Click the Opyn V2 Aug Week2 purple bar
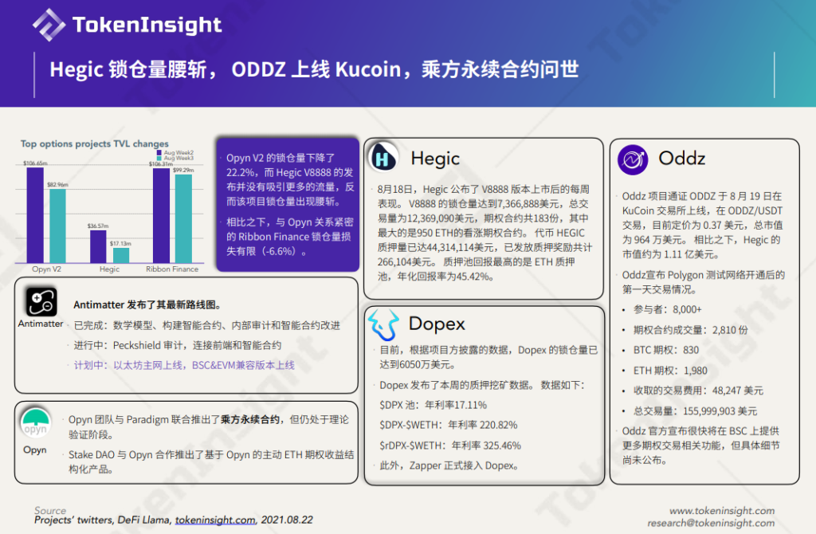(34, 214)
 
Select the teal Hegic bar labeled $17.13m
(120, 255)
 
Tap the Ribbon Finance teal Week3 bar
(183, 218)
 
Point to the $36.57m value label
(97, 226)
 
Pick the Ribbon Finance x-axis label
(172, 269)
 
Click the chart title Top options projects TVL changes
(95, 144)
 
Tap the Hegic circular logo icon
(384, 158)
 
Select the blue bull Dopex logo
(384, 324)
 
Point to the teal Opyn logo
(34, 423)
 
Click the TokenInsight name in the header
(147, 25)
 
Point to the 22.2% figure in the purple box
(239, 172)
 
